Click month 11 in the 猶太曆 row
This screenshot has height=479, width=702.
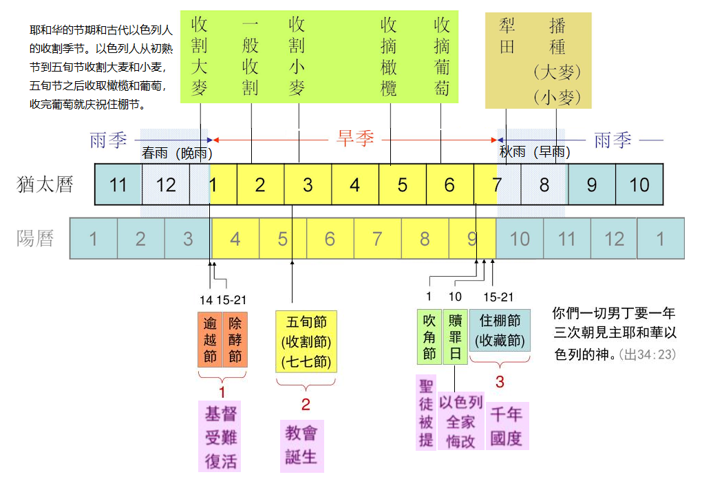pyautogui.click(x=118, y=184)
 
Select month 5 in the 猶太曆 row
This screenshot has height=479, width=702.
pyautogui.click(x=403, y=184)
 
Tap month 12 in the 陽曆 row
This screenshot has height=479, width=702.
pyautogui.click(x=614, y=239)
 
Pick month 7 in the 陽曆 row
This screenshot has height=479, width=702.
pyautogui.click(x=377, y=239)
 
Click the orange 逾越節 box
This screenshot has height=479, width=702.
pyautogui.click(x=210, y=339)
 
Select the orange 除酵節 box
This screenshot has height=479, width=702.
pyautogui.click(x=235, y=339)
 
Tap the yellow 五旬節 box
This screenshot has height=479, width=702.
pyautogui.click(x=306, y=341)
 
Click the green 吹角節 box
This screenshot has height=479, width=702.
pyautogui.click(x=429, y=337)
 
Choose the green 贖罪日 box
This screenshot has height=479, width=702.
pyautogui.click(x=456, y=337)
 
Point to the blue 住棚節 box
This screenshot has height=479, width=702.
pyautogui.click(x=500, y=330)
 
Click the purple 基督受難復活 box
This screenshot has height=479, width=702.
pyautogui.click(x=220, y=436)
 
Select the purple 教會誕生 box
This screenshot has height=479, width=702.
pyautogui.click(x=301, y=446)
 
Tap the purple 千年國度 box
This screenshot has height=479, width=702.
pyautogui.click(x=507, y=426)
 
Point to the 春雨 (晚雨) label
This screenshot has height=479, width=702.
pyautogui.click(x=177, y=153)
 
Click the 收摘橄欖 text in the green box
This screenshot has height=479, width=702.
pyautogui.click(x=389, y=56)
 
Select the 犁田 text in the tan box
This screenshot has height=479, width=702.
pyautogui.click(x=507, y=36)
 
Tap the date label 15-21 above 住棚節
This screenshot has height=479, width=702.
pyautogui.click(x=498, y=297)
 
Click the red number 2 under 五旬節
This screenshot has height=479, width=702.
pyautogui.click(x=306, y=405)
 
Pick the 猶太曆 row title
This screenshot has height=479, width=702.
pyautogui.click(x=45, y=184)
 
